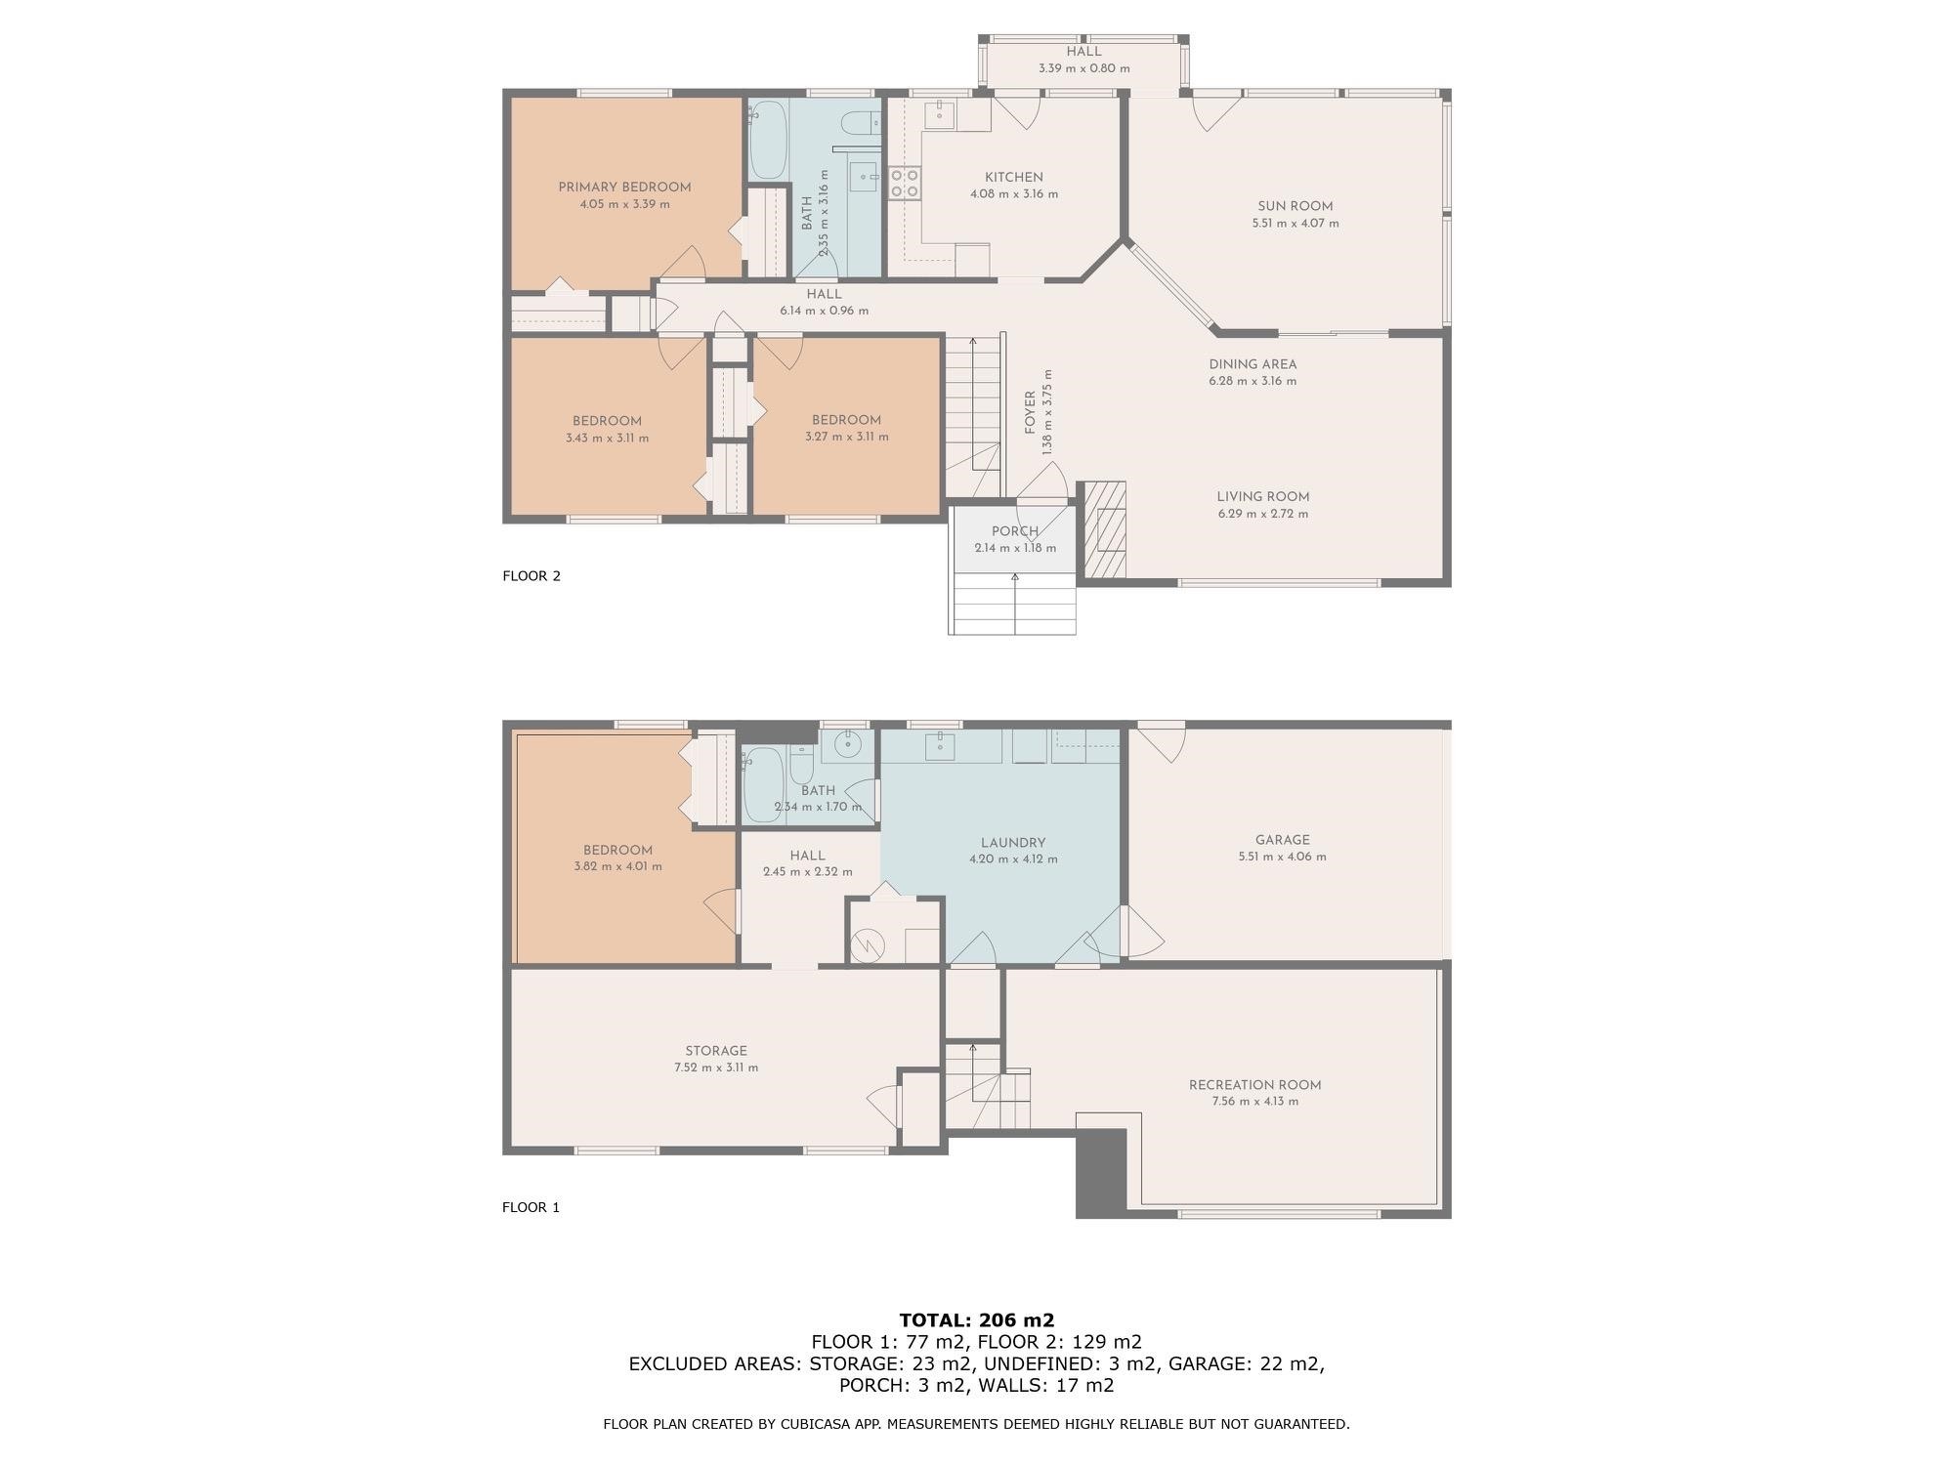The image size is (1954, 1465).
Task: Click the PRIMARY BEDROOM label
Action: tap(624, 188)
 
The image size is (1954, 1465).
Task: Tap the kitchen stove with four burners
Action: tap(904, 184)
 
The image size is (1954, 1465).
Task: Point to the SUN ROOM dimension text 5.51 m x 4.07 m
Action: tap(1296, 224)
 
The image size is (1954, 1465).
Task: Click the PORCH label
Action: tap(1015, 531)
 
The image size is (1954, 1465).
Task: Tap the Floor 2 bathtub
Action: tap(768, 140)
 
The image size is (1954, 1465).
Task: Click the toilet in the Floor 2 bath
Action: tap(859, 123)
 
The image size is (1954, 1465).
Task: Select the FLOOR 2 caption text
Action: tap(531, 576)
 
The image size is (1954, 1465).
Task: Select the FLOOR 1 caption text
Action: tap(531, 1207)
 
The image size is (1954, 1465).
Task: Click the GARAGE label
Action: tap(1282, 840)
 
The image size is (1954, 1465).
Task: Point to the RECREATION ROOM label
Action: tap(1254, 1085)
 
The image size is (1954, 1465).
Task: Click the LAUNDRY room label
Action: tap(1013, 843)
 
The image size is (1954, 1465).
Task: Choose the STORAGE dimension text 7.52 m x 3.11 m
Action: tap(716, 1067)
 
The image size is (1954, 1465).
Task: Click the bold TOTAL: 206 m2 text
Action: tap(977, 1320)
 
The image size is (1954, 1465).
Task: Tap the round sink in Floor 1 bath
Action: tap(848, 745)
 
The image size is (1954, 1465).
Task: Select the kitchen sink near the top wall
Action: tap(940, 114)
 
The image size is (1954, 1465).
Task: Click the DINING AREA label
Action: tap(1253, 364)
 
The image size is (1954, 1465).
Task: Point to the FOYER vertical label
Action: tap(1030, 412)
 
